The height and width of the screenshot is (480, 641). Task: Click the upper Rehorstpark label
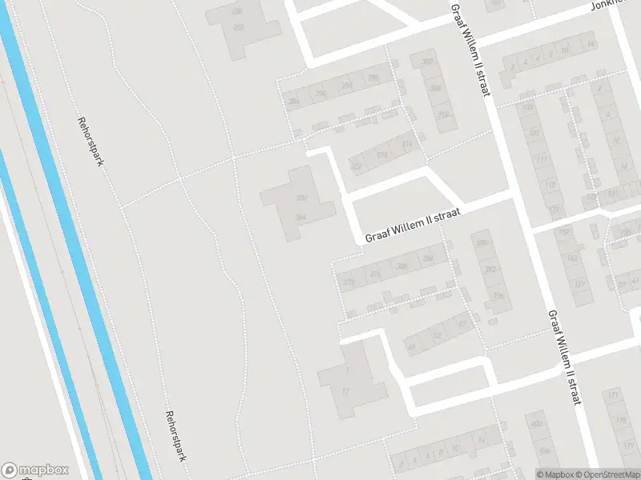pyautogui.click(x=91, y=141)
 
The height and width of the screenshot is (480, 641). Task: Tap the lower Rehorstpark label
pyautogui.click(x=175, y=436)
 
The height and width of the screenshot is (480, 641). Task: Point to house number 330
pyautogui.click(x=301, y=198)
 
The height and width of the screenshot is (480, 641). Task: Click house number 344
pyautogui.click(x=300, y=217)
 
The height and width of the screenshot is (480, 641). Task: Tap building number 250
pyautogui.click(x=238, y=27)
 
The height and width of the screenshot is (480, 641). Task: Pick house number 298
pyautogui.click(x=373, y=78)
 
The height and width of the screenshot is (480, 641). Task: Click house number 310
pyautogui.click(x=443, y=114)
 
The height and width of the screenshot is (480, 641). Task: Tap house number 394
pyautogui.click(x=498, y=296)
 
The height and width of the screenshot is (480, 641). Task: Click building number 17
pyautogui.click(x=345, y=391)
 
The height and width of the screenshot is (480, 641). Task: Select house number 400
pyautogui.click(x=536, y=424)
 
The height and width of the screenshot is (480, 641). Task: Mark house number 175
pyautogui.click(x=619, y=419)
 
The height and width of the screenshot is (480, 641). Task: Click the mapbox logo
pyautogui.click(x=36, y=470)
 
